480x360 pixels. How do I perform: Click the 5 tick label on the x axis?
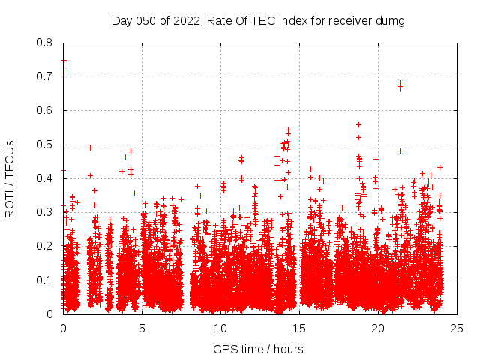point(142,328)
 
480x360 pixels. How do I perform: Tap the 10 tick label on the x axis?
point(220,328)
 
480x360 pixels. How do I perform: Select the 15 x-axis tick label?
point(299,328)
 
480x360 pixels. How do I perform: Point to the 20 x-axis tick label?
point(378,328)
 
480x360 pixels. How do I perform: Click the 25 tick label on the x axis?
point(457,328)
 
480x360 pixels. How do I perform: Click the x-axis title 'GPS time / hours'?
point(258,349)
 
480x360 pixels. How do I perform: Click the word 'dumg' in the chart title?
point(391,21)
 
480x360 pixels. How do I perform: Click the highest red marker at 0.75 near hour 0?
point(64,60)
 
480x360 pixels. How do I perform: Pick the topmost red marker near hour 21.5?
point(400,83)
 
